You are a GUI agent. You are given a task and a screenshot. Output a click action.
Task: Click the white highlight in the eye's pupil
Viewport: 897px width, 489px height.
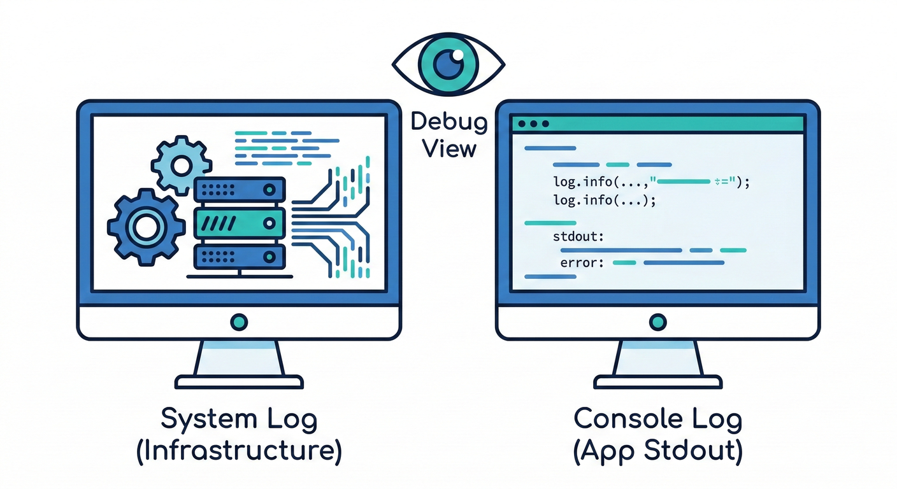[457, 54]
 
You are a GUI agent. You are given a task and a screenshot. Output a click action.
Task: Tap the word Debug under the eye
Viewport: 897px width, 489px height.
[449, 122]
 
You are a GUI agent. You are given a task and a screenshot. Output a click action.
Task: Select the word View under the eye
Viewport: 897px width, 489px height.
[449, 149]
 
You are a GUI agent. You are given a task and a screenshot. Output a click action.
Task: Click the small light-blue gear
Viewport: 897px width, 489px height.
[182, 166]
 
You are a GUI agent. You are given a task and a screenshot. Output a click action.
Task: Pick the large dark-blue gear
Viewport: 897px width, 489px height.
[146, 227]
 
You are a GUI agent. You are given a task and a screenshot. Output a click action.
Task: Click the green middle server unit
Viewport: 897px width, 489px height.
[240, 223]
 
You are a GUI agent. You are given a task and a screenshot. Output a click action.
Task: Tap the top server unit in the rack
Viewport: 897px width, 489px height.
[240, 189]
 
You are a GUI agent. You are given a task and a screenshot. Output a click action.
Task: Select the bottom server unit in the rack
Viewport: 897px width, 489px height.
[240, 257]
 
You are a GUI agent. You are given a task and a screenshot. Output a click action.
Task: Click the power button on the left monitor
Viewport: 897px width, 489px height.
[239, 322]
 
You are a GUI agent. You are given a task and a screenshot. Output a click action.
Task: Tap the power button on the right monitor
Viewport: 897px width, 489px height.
[657, 322]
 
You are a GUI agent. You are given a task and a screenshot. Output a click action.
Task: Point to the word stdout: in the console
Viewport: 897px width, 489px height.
[578, 236]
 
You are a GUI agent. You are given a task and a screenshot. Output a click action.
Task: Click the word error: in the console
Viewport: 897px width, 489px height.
[582, 263]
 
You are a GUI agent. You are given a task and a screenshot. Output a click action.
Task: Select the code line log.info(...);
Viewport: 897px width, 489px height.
[605, 200]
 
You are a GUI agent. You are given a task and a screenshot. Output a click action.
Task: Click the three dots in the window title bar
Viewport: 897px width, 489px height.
[533, 124]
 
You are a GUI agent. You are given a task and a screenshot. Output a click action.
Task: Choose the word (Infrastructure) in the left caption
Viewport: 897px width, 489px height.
[239, 451]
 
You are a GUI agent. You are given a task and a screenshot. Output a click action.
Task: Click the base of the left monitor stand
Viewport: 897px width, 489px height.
[239, 382]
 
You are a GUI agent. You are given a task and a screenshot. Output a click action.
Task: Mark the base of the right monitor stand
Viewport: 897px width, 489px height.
[657, 382]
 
